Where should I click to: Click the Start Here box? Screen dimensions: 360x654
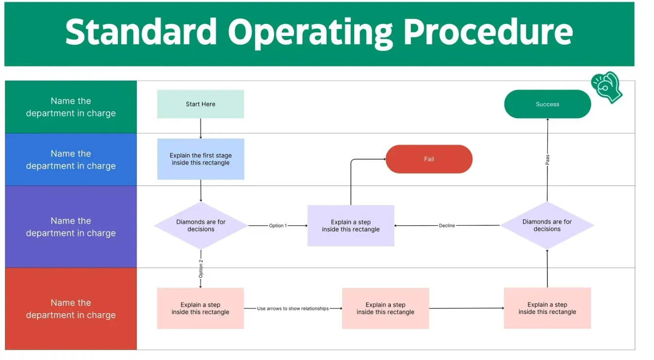[200, 104]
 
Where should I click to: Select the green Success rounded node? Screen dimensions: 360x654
[547, 104]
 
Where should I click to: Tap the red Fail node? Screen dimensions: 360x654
[429, 159]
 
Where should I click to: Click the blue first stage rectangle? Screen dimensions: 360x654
[200, 159]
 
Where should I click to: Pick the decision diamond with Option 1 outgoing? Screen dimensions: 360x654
[200, 225]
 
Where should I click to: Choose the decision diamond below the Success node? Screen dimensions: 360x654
[547, 225]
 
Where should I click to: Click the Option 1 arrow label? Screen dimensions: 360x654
[278, 226]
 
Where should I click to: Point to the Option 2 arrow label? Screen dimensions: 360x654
[200, 269]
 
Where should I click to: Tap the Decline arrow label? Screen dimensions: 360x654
[447, 226]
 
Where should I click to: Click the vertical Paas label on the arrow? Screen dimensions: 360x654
[547, 160]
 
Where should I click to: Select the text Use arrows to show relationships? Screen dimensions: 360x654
[293, 308]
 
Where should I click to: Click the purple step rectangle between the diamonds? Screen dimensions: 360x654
[350, 226]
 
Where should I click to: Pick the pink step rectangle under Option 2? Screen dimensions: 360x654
[200, 308]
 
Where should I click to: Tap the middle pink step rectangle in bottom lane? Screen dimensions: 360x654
[385, 308]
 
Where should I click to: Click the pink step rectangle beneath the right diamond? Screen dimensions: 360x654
[547, 308]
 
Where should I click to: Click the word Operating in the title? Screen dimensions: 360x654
[310, 32]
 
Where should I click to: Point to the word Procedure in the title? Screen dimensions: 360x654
[488, 32]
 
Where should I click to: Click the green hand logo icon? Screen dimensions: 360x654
[607, 87]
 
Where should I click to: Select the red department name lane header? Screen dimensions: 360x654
[71, 308]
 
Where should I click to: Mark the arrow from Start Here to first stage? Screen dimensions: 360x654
[200, 128]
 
